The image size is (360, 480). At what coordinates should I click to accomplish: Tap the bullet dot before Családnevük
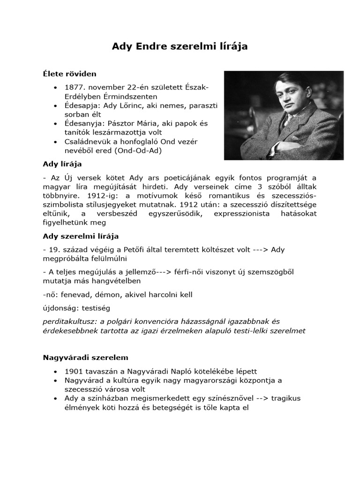(56, 141)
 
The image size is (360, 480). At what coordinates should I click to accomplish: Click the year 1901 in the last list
(74, 371)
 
